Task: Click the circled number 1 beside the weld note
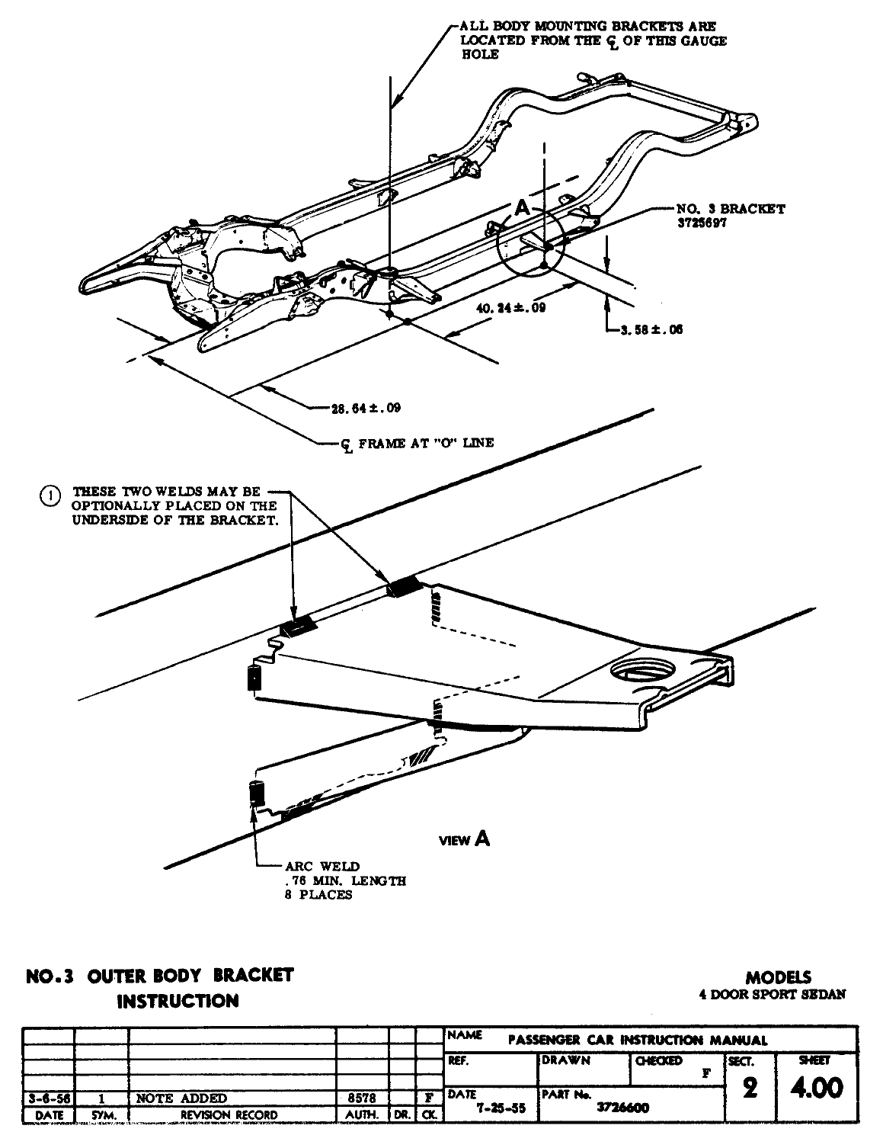click(48, 495)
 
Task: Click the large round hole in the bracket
click(641, 671)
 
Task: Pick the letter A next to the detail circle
click(521, 207)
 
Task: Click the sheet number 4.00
click(817, 1088)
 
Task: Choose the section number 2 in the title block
click(750, 1089)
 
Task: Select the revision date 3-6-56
click(47, 1098)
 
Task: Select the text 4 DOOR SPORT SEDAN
click(772, 995)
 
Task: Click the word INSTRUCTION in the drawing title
click(177, 1001)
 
